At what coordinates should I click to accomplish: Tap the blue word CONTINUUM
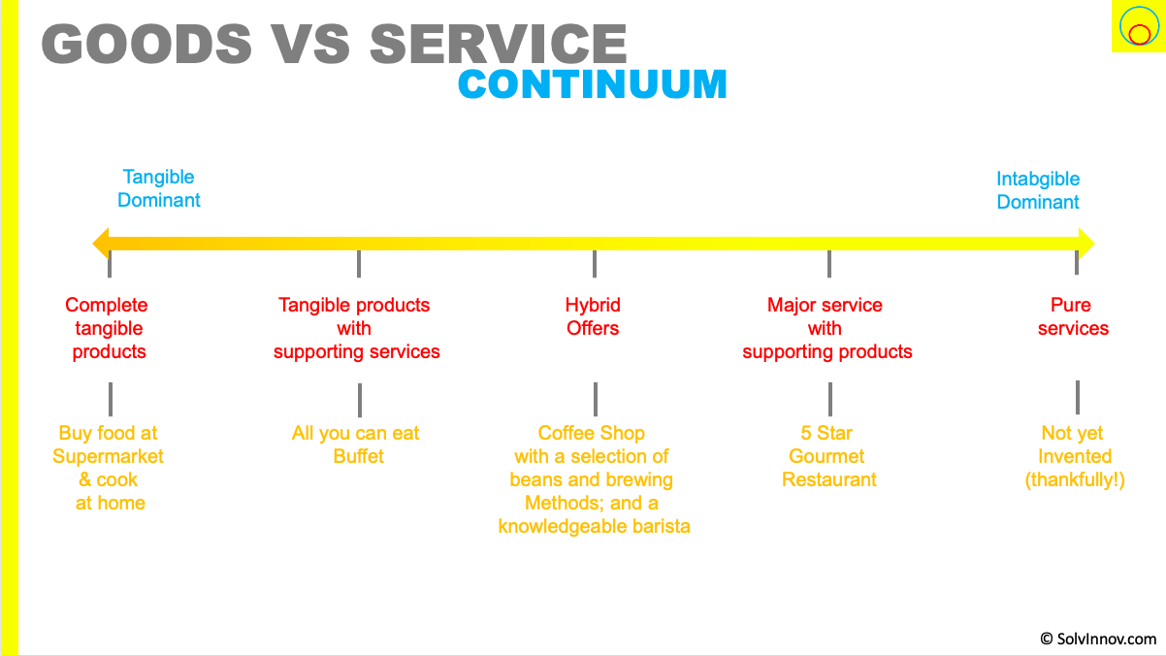pyautogui.click(x=592, y=84)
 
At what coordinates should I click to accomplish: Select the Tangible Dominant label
pyautogui.click(x=159, y=188)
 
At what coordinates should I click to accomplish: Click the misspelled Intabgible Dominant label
pyautogui.click(x=1038, y=190)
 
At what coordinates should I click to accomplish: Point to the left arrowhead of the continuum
pyautogui.click(x=101, y=243)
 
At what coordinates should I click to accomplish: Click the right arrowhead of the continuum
pyautogui.click(x=1085, y=243)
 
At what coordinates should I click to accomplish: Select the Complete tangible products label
pyautogui.click(x=108, y=328)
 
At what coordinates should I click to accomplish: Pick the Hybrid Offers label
pyautogui.click(x=593, y=316)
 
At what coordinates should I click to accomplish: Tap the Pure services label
pyautogui.click(x=1073, y=316)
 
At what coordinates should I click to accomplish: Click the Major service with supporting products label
pyautogui.click(x=826, y=328)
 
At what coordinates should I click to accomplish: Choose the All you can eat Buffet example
pyautogui.click(x=356, y=444)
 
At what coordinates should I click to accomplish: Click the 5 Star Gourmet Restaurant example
pyautogui.click(x=828, y=456)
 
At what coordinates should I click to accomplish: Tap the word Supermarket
pyautogui.click(x=109, y=456)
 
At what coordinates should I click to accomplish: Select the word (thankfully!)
pyautogui.click(x=1075, y=479)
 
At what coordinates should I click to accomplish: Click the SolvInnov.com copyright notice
pyautogui.click(x=1098, y=639)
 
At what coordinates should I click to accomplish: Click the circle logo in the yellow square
pyautogui.click(x=1136, y=28)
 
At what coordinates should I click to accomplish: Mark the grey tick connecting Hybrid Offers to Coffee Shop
pyautogui.click(x=596, y=399)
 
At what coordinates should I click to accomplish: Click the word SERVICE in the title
pyautogui.click(x=498, y=45)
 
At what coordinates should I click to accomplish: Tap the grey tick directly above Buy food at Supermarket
pyautogui.click(x=111, y=399)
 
